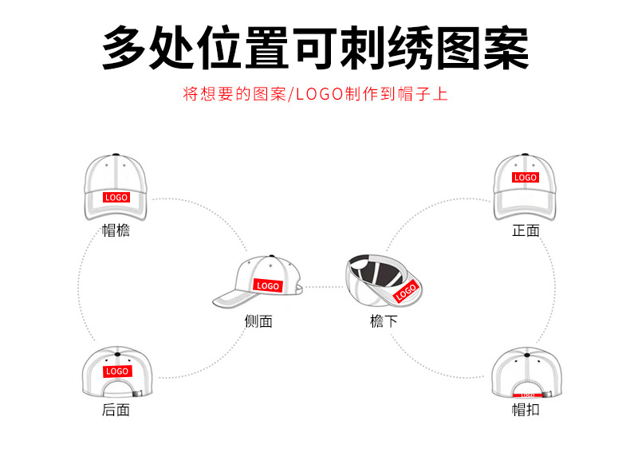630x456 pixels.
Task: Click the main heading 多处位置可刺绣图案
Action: (315, 48)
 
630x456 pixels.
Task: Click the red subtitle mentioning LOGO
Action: (315, 94)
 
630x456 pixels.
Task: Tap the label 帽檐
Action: (116, 231)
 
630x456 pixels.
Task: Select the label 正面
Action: (526, 231)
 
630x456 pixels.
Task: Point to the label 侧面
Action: (258, 321)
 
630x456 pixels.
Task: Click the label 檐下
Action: (384, 321)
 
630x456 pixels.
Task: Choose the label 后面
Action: (116, 410)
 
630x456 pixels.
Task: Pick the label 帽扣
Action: (526, 410)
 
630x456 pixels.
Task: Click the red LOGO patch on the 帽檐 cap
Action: (116, 197)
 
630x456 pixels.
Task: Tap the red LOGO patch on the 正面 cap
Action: (526, 177)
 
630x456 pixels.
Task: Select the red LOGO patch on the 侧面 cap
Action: (268, 285)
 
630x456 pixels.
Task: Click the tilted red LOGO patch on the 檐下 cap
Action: (406, 291)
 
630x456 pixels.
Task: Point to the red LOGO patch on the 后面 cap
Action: (116, 371)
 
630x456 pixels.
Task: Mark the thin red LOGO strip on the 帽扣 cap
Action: (526, 395)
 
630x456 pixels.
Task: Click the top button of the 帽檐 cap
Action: (116, 156)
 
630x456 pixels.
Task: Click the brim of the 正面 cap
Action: (526, 210)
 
